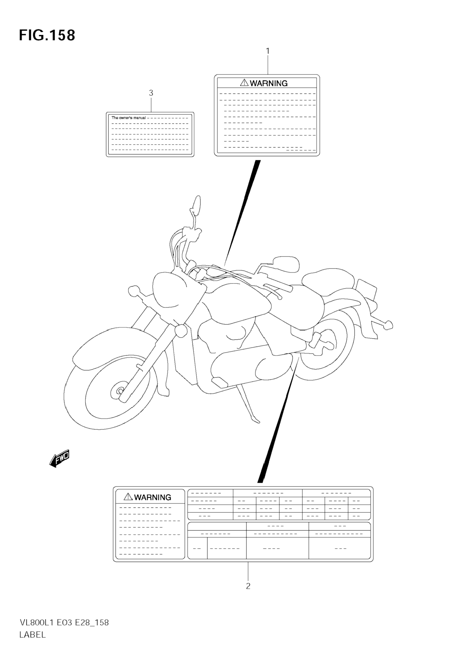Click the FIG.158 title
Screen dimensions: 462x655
47,36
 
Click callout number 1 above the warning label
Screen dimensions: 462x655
268,51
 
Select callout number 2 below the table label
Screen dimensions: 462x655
248,586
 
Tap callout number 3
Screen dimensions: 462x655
151,93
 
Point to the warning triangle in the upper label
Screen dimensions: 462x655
244,83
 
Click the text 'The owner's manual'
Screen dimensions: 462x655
128,118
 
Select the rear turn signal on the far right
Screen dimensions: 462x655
388,325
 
